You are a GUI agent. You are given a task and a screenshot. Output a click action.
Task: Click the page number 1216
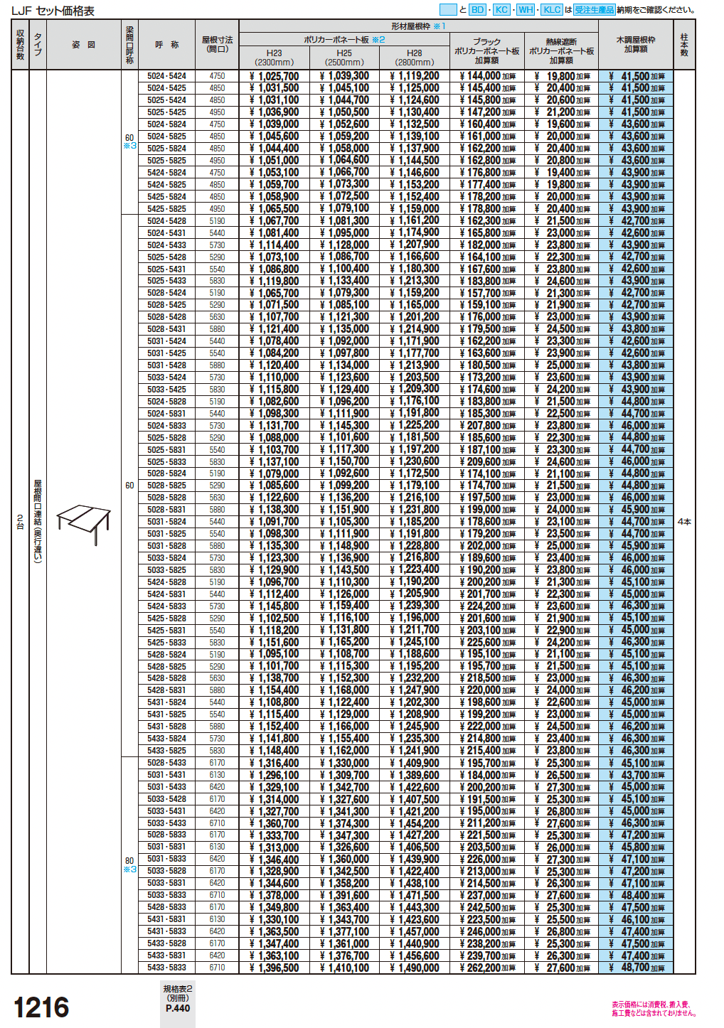(x=41, y=1007)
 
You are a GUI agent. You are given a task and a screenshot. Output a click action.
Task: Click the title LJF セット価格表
(x=53, y=11)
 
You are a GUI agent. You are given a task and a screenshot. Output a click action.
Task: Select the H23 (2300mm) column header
(x=274, y=58)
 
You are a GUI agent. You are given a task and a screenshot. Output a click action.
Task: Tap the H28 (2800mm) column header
(x=414, y=58)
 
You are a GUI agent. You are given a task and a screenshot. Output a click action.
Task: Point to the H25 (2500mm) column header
(x=344, y=58)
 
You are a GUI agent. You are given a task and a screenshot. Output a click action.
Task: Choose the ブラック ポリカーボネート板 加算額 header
(x=487, y=50)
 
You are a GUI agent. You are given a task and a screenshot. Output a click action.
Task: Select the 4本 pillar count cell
(x=684, y=522)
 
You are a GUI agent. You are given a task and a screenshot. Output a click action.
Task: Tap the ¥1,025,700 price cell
(x=275, y=76)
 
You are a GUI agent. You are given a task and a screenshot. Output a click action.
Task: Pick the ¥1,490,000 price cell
(x=415, y=968)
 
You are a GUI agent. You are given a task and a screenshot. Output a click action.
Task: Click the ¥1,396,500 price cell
(x=275, y=968)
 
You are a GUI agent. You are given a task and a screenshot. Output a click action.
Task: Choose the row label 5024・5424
(x=166, y=76)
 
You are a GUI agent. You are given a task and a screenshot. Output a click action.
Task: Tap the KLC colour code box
(x=552, y=10)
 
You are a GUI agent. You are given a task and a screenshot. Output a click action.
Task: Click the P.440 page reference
(x=178, y=1008)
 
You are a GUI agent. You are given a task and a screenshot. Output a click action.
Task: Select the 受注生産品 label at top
(x=594, y=10)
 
